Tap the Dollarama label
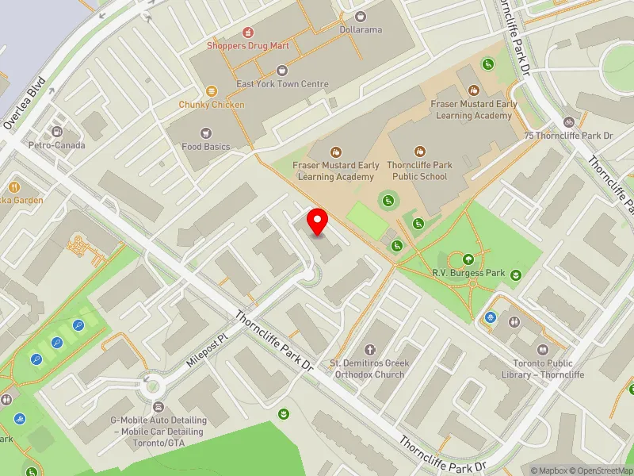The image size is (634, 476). [361, 29]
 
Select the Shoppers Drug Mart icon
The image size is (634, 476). [248, 33]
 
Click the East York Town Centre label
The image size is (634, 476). [282, 83]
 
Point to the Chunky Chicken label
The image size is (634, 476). [212, 105]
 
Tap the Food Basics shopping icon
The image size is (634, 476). [206, 133]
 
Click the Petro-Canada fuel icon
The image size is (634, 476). [57, 132]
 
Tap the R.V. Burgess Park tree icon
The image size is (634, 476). [468, 259]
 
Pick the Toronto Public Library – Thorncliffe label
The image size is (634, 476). [544, 370]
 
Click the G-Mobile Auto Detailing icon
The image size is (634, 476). [158, 406]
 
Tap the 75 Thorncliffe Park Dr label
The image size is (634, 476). [569, 136]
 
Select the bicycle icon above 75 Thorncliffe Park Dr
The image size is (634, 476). [568, 122]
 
